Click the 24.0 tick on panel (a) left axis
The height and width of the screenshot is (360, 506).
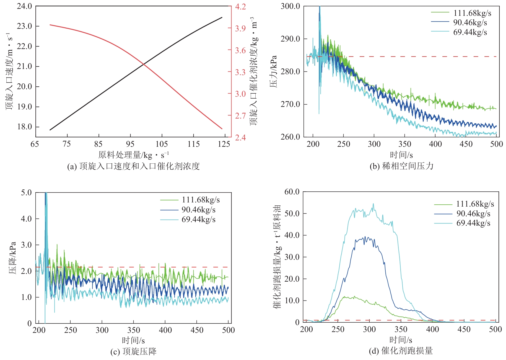(x=24, y=6)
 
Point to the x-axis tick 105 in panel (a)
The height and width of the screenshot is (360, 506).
(x=162, y=144)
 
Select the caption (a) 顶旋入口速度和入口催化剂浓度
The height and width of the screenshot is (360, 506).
(x=133, y=166)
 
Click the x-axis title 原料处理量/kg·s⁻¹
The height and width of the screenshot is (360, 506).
(x=133, y=155)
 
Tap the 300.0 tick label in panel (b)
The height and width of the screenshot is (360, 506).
(x=290, y=6)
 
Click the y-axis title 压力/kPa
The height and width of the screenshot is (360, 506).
(x=273, y=71)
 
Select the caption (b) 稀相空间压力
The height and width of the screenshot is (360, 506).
(x=401, y=166)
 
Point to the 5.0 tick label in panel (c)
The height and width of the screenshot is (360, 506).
(x=26, y=192)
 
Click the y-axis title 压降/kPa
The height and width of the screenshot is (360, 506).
(x=12, y=258)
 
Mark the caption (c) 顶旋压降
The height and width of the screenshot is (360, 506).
(x=133, y=352)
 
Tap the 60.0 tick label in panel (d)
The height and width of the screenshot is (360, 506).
(x=292, y=192)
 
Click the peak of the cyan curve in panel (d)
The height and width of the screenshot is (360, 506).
(x=373, y=204)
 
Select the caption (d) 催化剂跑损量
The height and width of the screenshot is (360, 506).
(x=401, y=351)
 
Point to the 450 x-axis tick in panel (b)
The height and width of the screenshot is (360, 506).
(x=466, y=144)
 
